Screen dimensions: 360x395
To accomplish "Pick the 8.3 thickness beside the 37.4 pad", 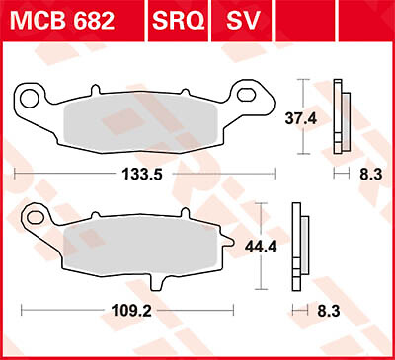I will pyautogui.click(x=368, y=173).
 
